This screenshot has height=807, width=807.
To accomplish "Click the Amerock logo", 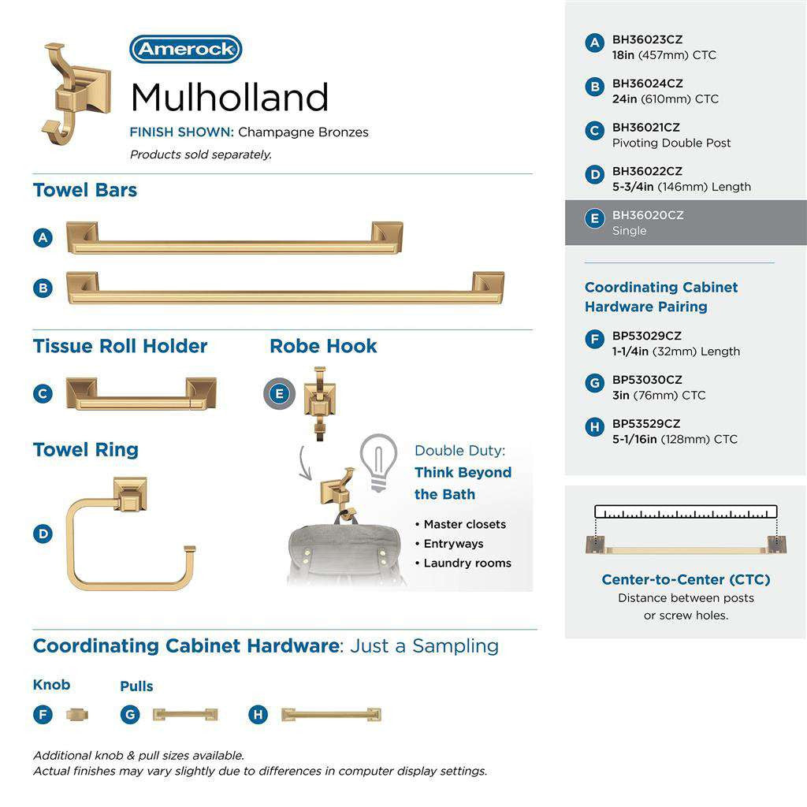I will coord(186,49).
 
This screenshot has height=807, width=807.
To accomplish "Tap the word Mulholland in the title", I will coord(229,98).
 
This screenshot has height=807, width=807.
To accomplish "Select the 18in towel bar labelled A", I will coord(233,239).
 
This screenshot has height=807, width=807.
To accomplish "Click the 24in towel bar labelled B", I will coord(285,288).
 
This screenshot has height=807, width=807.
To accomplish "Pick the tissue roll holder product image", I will coord(141,393).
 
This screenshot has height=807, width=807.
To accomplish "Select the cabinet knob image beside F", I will coord(77,715).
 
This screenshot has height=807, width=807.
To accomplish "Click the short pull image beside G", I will coord(184,715).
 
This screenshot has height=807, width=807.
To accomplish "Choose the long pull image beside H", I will coord(332,715).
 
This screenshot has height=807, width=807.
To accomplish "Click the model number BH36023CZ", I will coord(647,39).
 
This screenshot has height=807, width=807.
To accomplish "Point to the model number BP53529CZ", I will coord(646,423).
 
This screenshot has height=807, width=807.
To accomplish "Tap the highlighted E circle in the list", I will coord(595,218).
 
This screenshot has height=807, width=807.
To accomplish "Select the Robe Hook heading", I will coord(323,346).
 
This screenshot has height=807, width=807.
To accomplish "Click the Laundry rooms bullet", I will coord(467,563).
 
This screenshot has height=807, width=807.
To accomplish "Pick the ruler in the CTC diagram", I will coord(686,512).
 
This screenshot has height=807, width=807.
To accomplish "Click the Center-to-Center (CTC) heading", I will coord(686,580).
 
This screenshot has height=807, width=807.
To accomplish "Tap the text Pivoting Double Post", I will coord(671,143).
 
